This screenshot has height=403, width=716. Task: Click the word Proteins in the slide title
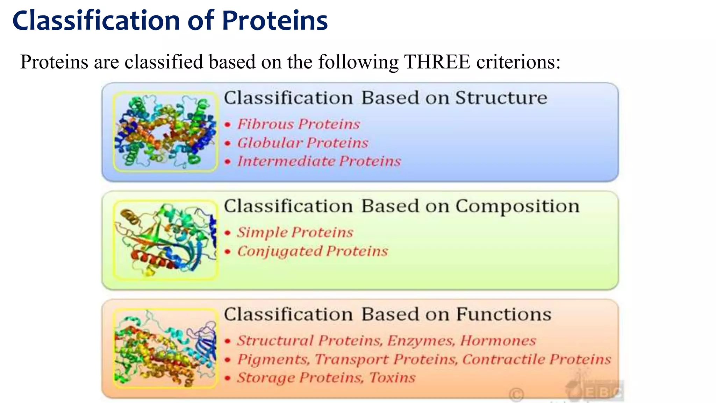(275, 20)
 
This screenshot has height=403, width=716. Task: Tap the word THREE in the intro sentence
(437, 62)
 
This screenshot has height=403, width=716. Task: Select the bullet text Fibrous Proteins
(299, 124)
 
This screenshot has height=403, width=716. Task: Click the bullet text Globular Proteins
(303, 143)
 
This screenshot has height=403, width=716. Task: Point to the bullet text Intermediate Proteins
(319, 161)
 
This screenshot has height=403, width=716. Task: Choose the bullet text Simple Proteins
(295, 233)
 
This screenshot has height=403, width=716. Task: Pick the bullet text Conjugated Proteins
(313, 251)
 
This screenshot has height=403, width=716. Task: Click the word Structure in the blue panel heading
(501, 98)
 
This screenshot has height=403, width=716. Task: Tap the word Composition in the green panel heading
(517, 206)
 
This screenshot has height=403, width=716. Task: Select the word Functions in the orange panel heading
(504, 314)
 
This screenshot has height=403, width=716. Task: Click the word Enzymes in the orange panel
(421, 341)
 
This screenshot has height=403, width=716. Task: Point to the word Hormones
(498, 341)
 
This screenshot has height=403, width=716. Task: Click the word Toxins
(392, 378)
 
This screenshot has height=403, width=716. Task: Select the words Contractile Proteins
(537, 359)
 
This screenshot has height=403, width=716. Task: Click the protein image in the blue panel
(165, 132)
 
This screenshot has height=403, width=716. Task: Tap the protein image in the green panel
(165, 240)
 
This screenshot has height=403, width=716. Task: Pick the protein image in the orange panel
(165, 348)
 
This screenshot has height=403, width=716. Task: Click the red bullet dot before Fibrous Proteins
(228, 125)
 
